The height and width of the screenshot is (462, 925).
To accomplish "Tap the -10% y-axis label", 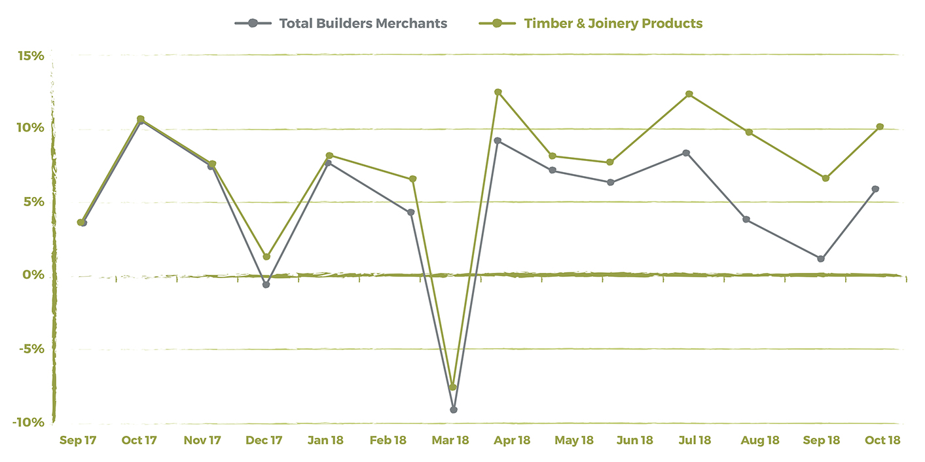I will pos(28,423).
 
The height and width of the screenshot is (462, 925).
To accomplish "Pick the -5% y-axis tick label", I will pos(31,349).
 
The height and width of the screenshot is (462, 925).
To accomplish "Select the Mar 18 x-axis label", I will pos(450,440).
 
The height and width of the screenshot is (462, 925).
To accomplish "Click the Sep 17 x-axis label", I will pos(78,440).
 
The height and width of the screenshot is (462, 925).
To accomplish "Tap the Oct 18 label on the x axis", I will pos(882,440).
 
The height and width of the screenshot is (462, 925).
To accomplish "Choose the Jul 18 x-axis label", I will pos(695,440).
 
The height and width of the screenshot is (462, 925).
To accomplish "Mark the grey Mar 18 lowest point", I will pos(454,410).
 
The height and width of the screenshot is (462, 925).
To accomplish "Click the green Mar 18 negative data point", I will pos(453,387).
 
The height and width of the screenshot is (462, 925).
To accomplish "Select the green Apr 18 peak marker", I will pos(498,92).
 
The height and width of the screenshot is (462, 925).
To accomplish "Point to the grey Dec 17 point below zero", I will pos(266,285).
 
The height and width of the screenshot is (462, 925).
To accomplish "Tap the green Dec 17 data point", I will pos(266,257).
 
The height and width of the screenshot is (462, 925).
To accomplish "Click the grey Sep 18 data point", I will pos(821,258).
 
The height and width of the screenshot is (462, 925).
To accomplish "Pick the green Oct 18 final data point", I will pos(880,126).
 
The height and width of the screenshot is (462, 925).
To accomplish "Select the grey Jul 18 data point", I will pos(686,153).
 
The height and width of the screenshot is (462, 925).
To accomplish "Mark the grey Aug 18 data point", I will pos(746,219).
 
